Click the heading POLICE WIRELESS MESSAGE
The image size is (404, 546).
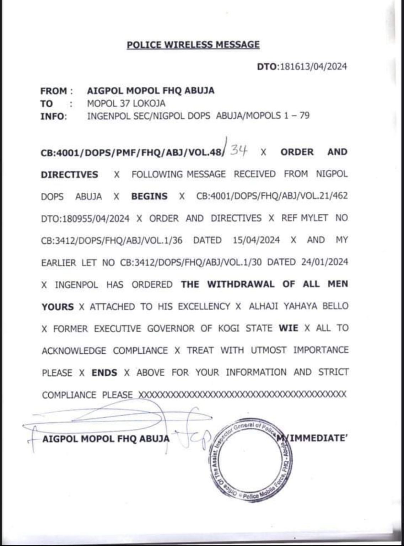pyautogui.click(x=193, y=45)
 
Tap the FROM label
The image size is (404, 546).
pyautogui.click(x=53, y=91)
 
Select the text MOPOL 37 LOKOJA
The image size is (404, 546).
pyautogui.click(x=126, y=103)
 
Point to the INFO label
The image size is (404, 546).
pyautogui.click(x=53, y=116)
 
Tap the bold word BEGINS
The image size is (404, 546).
pyautogui.click(x=149, y=196)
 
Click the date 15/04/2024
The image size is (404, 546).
pyautogui.click(x=256, y=240)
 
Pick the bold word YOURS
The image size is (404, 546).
pyautogui.click(x=58, y=306)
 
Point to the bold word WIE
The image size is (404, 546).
pyautogui.click(x=288, y=328)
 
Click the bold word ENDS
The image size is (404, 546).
pyautogui.click(x=104, y=373)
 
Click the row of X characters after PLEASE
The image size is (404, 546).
pyautogui.click(x=242, y=395)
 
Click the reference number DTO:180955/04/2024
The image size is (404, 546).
pyautogui.click(x=85, y=218)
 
